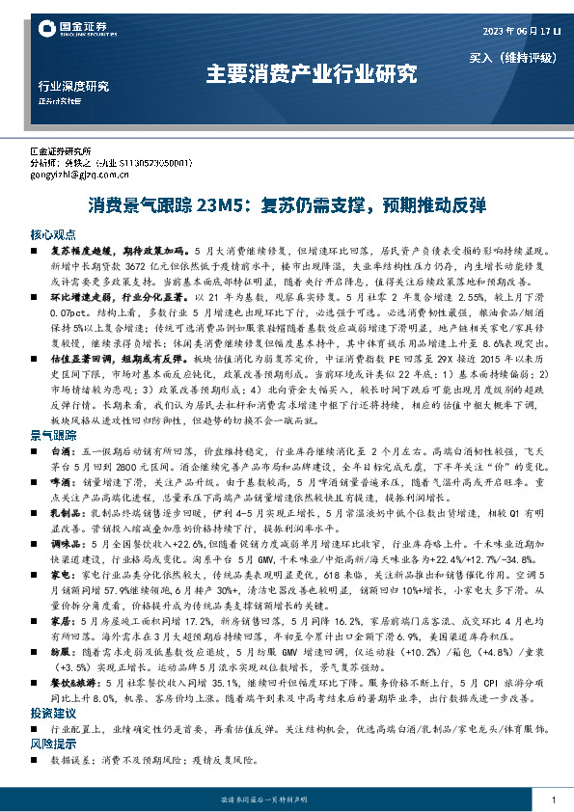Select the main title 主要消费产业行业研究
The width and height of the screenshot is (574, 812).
tap(312, 73)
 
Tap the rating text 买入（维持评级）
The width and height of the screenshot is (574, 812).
tap(515, 58)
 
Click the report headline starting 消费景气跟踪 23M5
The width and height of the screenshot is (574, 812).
tap(287, 205)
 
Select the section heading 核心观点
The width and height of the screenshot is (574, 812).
tap(53, 235)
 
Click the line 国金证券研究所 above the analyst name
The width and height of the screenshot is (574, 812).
tap(61, 152)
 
